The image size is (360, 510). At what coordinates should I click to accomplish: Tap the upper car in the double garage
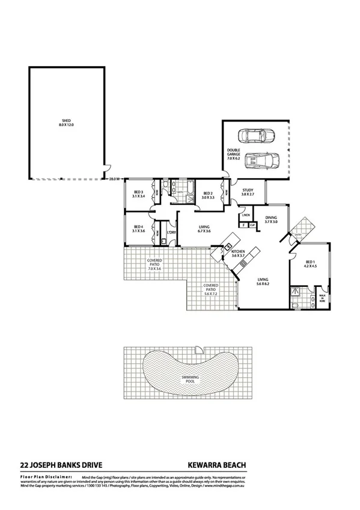[255, 136]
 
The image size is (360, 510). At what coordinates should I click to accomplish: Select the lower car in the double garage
[263, 161]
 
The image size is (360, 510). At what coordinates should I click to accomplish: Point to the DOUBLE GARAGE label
[234, 155]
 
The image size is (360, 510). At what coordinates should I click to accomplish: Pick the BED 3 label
[139, 194]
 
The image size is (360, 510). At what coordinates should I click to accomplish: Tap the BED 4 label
[139, 229]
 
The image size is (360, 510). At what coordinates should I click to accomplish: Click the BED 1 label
[310, 265]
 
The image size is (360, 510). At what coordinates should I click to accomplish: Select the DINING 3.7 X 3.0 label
[271, 220]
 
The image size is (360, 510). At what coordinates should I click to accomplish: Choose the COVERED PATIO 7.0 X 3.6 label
[155, 266]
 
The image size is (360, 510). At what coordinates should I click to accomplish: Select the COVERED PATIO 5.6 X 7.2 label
[210, 291]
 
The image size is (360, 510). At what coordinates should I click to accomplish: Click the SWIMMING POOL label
[191, 380]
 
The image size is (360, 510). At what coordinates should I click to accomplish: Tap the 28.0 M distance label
[115, 179]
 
